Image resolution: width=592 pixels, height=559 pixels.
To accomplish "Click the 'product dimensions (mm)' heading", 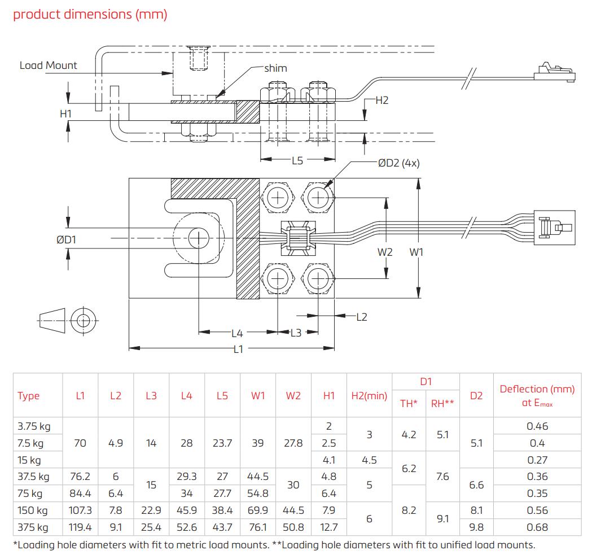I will (90, 14).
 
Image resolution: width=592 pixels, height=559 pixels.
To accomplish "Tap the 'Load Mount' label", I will (48, 65).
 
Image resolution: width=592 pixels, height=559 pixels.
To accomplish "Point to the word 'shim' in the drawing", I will (275, 68).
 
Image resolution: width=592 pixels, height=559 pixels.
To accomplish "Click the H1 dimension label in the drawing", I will (66, 113).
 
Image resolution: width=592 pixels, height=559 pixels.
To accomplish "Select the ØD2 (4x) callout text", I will (398, 163).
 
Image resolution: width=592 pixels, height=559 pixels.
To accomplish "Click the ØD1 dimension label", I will (66, 239).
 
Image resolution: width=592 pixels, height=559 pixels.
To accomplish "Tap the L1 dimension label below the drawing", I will (238, 349).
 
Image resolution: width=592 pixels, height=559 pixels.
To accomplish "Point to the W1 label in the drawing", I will (416, 252).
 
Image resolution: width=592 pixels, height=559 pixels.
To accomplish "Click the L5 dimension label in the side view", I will (297, 160).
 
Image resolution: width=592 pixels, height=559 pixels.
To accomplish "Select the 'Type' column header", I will (29, 396).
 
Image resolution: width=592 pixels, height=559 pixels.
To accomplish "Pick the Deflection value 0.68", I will (537, 527).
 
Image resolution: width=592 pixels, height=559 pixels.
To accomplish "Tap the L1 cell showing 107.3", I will (80, 510).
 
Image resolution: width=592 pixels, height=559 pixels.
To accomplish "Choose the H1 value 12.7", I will (328, 527).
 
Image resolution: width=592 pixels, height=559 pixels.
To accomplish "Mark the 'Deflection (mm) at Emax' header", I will (537, 395).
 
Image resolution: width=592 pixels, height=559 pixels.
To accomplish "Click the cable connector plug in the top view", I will (556, 228).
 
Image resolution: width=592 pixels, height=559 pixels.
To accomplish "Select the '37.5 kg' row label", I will (33, 477).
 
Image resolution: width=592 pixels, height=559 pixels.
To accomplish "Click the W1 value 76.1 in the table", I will (257, 527).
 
